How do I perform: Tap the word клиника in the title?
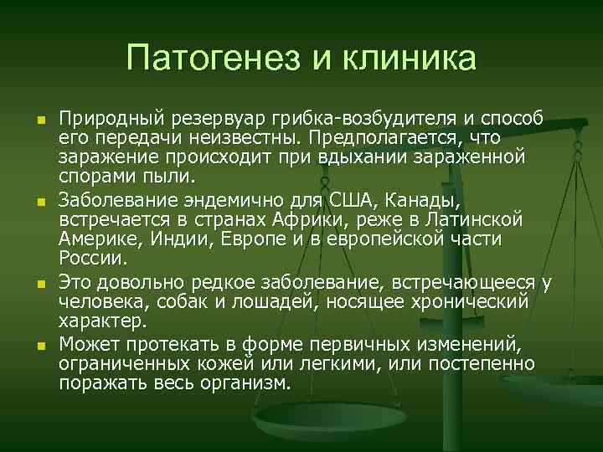click(x=402, y=59)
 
